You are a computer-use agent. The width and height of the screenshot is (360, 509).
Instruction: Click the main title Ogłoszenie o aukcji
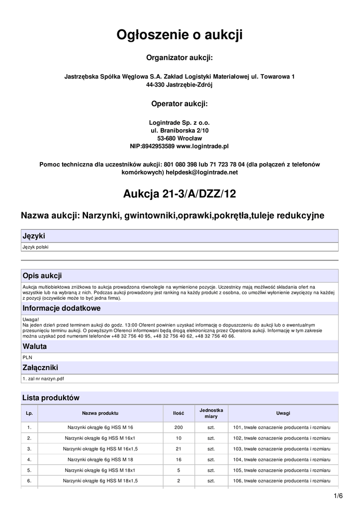point(180,35)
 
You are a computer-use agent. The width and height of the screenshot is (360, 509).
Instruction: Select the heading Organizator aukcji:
point(180,58)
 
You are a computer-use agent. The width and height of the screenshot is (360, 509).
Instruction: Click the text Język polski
point(36,247)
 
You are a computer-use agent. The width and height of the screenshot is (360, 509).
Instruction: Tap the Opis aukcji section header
point(42,276)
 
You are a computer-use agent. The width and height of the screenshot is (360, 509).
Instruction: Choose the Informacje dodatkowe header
point(62,308)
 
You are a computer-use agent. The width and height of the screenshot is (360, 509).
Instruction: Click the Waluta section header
point(35,346)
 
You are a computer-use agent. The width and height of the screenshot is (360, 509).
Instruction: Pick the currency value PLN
point(27,356)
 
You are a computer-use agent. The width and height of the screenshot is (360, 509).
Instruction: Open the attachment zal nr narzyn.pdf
point(45,379)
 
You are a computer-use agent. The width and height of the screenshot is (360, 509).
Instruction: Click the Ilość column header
point(179,414)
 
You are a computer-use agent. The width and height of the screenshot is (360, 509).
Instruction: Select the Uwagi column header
point(283,414)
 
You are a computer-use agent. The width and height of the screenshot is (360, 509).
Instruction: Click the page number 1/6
point(339,496)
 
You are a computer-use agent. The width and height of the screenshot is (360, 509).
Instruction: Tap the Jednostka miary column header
point(211,414)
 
